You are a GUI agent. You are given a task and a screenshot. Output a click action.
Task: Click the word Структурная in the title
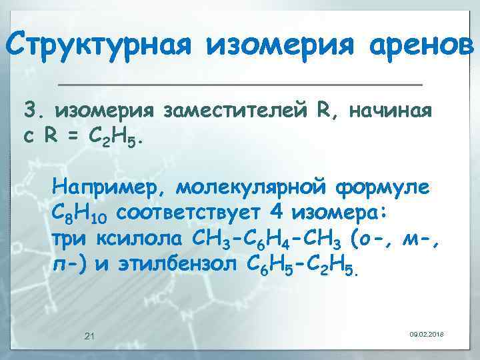pos(101,45)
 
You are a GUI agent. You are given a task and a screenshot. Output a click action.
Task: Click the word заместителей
pos(237,109)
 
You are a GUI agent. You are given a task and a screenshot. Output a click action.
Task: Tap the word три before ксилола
pos(71,239)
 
